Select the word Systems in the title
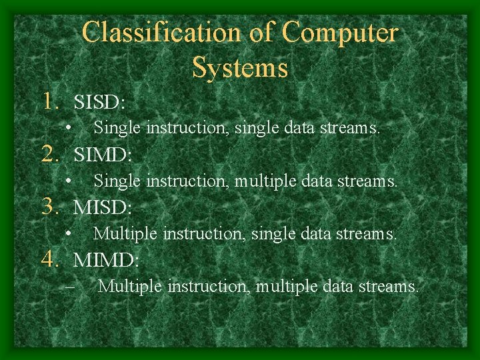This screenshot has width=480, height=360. (240, 67)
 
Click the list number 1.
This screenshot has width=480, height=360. (53, 101)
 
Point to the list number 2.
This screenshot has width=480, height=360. (53, 155)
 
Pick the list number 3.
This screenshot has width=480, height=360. (53, 207)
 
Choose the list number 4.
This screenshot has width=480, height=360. (53, 259)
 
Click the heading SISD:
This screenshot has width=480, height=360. (100, 102)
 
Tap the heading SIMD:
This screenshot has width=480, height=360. (103, 155)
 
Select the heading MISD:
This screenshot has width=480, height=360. (103, 207)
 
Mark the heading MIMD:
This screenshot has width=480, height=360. (107, 260)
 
